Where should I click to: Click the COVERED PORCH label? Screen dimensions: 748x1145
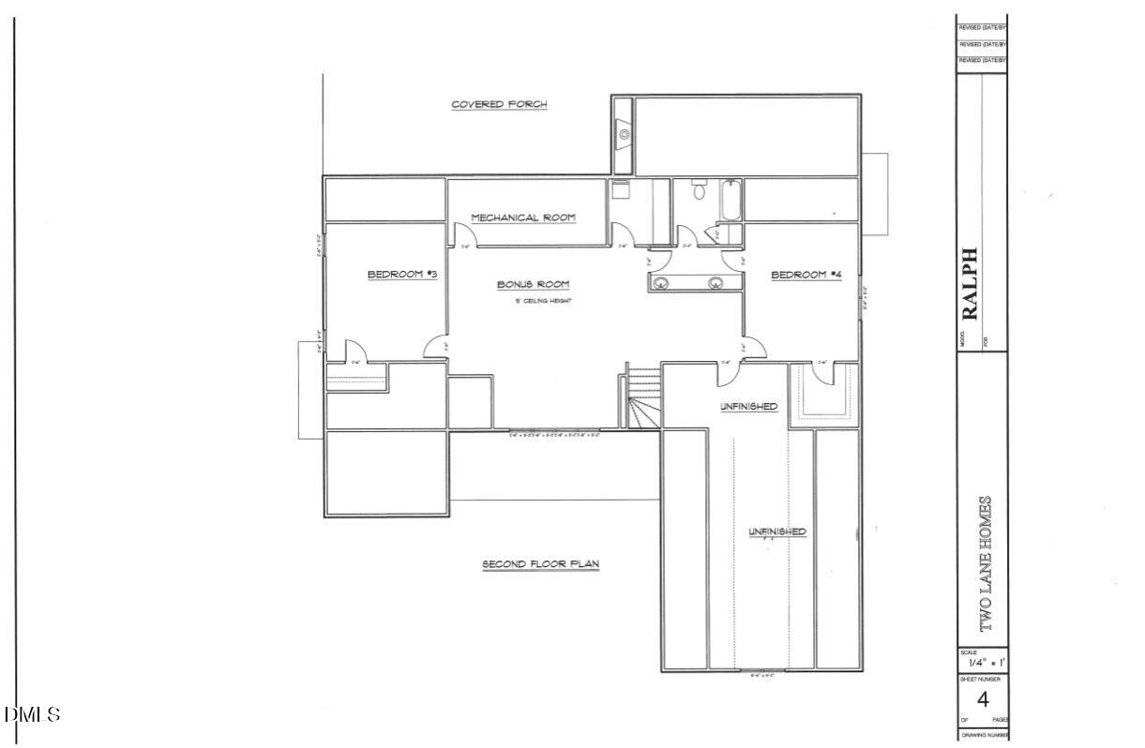pyautogui.click(x=499, y=104)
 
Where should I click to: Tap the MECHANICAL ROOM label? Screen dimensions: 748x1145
pyautogui.click(x=523, y=217)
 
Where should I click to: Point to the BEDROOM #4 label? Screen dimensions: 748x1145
pyautogui.click(x=806, y=275)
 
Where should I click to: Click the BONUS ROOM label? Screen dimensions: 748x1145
pyautogui.click(x=533, y=284)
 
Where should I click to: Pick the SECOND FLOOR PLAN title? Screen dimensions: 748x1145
pyautogui.click(x=540, y=564)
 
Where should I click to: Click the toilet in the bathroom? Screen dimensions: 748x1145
pyautogui.click(x=697, y=192)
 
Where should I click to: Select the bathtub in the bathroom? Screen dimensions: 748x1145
pyautogui.click(x=729, y=199)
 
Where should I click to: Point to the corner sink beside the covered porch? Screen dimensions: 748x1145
pyautogui.click(x=624, y=134)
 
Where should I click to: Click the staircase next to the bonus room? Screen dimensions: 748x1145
pyautogui.click(x=643, y=398)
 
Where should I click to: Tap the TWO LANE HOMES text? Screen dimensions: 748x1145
pyautogui.click(x=985, y=562)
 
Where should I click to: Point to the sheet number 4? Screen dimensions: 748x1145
pyautogui.click(x=983, y=699)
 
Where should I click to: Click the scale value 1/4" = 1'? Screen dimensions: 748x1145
pyautogui.click(x=982, y=663)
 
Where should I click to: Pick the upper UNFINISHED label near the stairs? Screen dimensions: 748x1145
pyautogui.click(x=748, y=406)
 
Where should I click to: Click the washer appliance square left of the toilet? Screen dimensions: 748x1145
pyautogui.click(x=620, y=189)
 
